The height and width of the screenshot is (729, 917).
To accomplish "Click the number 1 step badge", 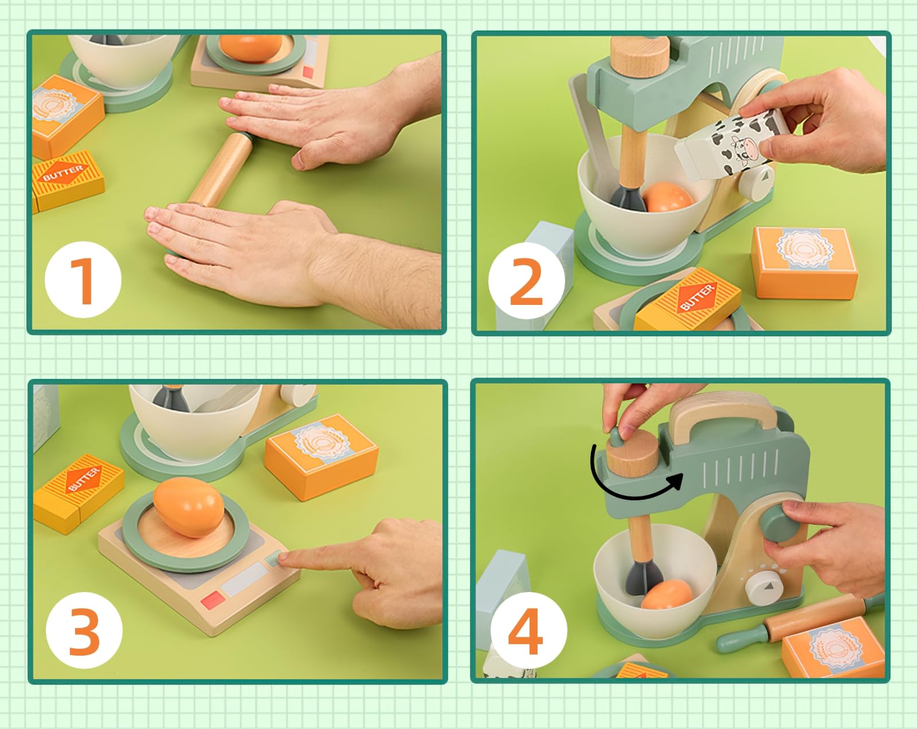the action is pos(83,280).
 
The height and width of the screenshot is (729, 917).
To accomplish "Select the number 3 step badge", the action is pos(84,630).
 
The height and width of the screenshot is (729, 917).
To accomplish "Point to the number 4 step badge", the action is pos(528,630).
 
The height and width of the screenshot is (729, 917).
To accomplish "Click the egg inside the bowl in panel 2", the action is pos(667,197).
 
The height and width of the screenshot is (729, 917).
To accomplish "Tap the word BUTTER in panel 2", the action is pos(697,297).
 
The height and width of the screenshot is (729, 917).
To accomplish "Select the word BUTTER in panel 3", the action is pos(83,479).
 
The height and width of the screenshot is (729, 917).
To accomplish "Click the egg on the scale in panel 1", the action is pos(250,48).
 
